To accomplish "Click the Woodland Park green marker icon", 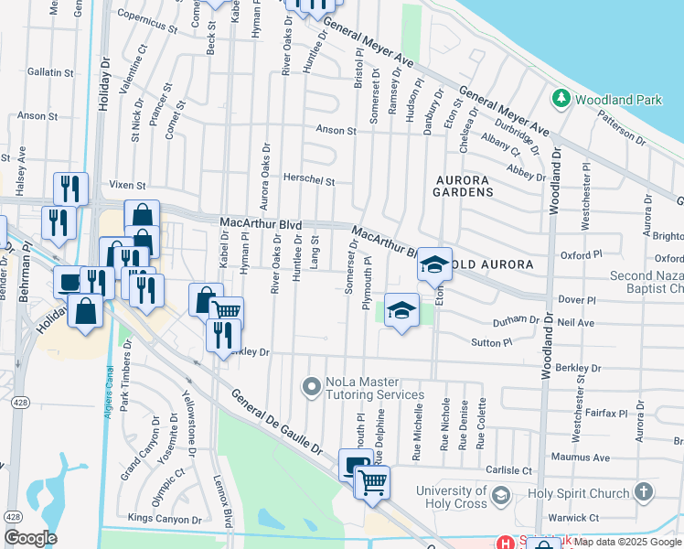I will point(559,97).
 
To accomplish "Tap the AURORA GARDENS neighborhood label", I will point(465,185).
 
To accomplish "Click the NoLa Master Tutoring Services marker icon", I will point(312,388).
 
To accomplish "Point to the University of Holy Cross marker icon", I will point(500,497).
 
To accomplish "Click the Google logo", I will point(30,538).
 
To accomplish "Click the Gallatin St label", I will point(50,72).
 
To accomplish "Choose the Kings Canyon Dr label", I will point(165,519).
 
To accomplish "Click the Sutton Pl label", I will point(492,342).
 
